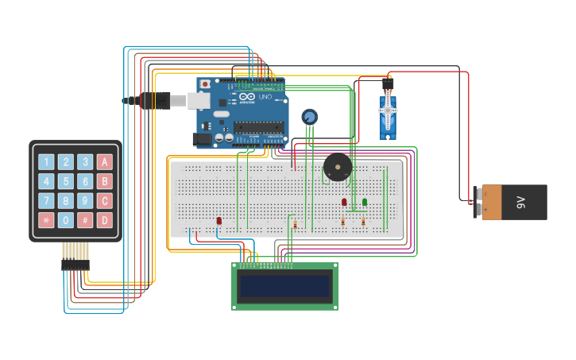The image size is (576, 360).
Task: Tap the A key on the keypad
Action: (104, 162)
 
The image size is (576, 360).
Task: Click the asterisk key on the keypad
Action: (46, 220)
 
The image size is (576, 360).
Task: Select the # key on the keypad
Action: (85, 220)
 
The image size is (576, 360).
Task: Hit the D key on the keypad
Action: (104, 220)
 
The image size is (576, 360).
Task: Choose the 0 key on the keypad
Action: (66, 220)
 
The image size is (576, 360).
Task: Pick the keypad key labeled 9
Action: (85, 201)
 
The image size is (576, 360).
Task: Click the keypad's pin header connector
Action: (75, 256)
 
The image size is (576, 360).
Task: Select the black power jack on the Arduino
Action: (203, 139)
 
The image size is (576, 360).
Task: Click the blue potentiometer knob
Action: (309, 118)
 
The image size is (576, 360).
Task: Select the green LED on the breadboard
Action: (365, 202)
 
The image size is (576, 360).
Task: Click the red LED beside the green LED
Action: (344, 202)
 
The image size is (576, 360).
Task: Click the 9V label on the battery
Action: (522, 202)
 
